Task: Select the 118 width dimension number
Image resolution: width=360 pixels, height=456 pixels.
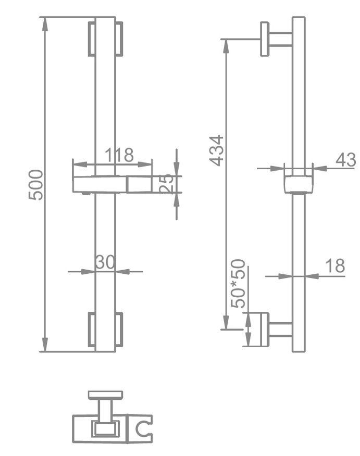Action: tap(119, 155)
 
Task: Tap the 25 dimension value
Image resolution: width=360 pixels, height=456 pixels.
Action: tap(167, 184)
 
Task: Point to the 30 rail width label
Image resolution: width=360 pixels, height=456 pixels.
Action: tap(105, 262)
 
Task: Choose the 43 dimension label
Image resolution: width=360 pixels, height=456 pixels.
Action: tap(345, 160)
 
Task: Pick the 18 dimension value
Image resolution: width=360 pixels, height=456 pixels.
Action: tap(336, 265)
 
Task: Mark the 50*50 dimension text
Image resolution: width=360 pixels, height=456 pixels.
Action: tap(239, 284)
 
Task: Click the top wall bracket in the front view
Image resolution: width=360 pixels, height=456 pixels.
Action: tap(105, 39)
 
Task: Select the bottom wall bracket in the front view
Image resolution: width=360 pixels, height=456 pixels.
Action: tap(105, 329)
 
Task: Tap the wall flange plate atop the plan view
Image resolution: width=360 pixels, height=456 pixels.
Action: tap(105, 395)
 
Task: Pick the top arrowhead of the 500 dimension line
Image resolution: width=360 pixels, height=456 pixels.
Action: tap(45, 23)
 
